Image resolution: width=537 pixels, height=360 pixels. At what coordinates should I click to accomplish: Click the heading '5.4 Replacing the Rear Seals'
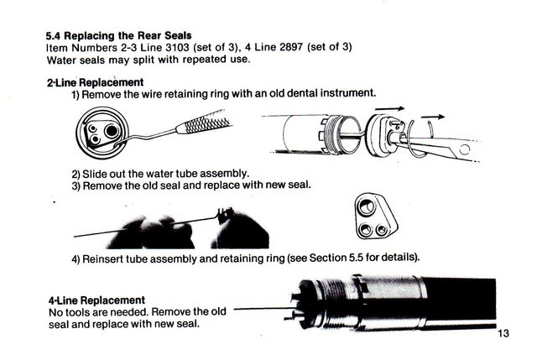click(x=119, y=35)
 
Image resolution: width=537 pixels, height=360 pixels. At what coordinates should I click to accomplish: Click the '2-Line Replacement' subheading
click(x=95, y=82)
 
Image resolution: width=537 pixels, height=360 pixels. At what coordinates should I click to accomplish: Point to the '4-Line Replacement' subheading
click(x=97, y=300)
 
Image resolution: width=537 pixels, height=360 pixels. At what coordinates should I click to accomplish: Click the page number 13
click(x=503, y=333)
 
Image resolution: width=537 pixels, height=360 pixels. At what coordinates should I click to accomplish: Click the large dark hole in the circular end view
click(x=112, y=131)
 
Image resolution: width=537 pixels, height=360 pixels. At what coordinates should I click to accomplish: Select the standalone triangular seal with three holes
click(x=376, y=216)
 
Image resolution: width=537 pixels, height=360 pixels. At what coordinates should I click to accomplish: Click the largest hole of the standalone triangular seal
click(x=365, y=206)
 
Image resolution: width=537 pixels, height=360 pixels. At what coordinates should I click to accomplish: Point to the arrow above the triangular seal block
click(x=389, y=109)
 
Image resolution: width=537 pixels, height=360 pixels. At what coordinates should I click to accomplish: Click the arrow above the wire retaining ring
click(x=433, y=117)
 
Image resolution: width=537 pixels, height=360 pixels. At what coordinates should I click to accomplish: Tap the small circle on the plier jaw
click(x=465, y=149)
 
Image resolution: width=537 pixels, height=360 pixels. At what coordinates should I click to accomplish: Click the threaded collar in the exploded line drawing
click(x=333, y=135)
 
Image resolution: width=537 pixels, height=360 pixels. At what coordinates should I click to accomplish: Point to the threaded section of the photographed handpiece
click(x=334, y=301)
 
